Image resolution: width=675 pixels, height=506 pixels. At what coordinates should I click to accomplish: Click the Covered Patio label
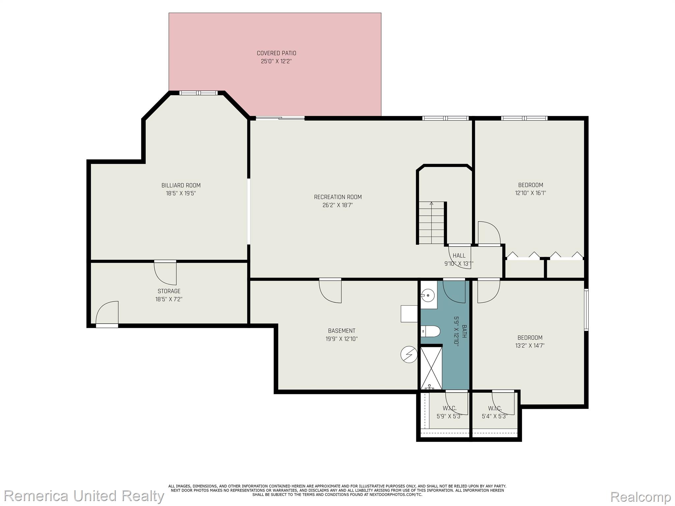point(277,53)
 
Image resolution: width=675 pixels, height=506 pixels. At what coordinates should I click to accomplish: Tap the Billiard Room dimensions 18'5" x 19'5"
point(181,193)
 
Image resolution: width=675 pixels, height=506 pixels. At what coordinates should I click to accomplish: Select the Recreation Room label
point(338,197)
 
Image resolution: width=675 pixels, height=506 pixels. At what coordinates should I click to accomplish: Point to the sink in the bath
point(428,295)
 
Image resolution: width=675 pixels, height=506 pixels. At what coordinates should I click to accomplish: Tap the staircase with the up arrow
point(431,223)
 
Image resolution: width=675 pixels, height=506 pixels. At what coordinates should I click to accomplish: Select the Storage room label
point(169,291)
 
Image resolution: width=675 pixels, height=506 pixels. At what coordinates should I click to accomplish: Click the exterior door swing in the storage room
point(107,313)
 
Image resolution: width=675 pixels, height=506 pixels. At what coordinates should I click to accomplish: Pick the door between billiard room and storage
point(165,273)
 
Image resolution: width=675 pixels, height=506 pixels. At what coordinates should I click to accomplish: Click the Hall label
point(459,256)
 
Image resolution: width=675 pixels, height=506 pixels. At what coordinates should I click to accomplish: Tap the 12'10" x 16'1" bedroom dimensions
point(531,193)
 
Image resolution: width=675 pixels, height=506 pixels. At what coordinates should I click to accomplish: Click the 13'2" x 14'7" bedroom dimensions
point(530,346)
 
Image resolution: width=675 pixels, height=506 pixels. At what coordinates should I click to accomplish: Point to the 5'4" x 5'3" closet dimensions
point(494,416)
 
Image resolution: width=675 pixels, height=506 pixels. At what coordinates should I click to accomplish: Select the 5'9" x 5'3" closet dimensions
point(450,416)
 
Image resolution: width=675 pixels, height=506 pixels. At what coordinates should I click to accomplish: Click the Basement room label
point(342,331)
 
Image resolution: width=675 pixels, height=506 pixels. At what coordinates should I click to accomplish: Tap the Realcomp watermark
point(640,496)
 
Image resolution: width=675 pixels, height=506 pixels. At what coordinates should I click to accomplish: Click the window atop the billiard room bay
point(198,93)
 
